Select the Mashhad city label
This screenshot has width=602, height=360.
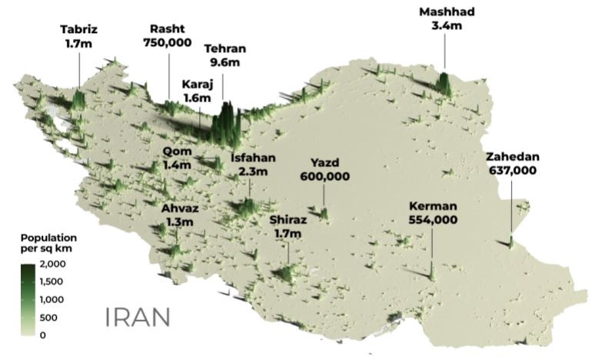coord(446,12)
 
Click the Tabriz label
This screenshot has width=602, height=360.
coord(79,30)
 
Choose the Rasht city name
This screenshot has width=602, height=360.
coord(167,29)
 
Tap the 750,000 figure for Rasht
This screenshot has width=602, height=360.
coord(167,43)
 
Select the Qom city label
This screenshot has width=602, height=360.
coord(177,151)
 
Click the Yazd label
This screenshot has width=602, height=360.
coord(324,162)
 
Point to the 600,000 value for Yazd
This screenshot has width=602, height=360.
coord(324,176)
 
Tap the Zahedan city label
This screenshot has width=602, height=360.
coord(513,157)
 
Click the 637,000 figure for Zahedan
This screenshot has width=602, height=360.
coord(513,171)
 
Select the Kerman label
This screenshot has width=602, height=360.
coord(434,206)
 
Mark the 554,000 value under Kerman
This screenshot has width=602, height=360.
coord(434,220)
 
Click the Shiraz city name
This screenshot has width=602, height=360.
coord(288,219)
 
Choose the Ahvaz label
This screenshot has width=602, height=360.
coord(178,208)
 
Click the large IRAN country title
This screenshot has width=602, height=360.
coord(138,317)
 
